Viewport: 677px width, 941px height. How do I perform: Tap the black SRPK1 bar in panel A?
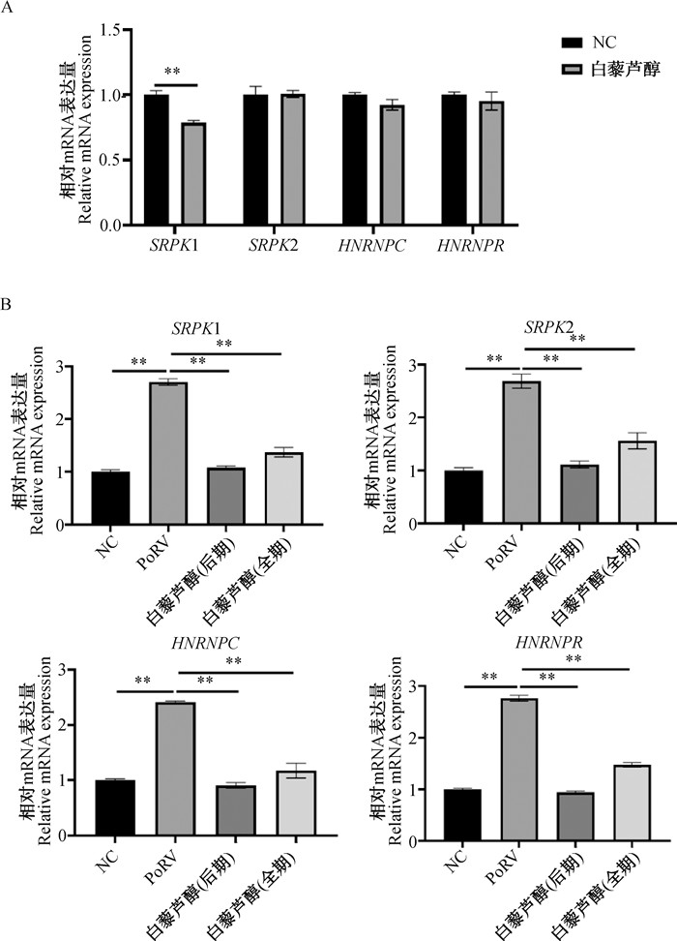(x=156, y=160)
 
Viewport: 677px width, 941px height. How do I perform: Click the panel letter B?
(x=8, y=303)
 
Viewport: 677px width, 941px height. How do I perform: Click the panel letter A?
(x=8, y=8)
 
